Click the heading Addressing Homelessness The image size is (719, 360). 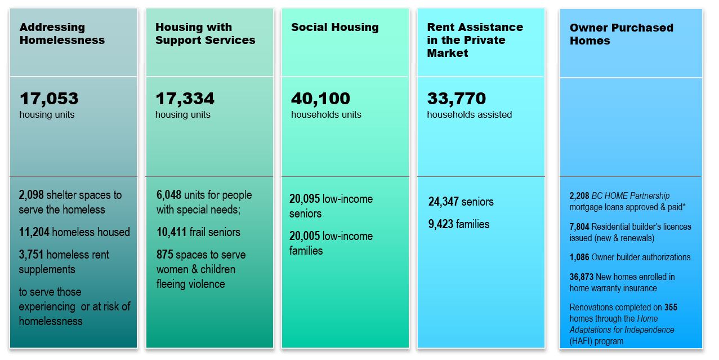(62, 34)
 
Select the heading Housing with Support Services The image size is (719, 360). (205, 34)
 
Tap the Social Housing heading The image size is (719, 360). (334, 28)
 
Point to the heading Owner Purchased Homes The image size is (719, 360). (621, 34)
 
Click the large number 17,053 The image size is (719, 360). (49, 99)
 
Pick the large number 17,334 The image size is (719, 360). (185, 99)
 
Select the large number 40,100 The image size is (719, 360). (320, 99)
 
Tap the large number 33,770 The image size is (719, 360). (456, 99)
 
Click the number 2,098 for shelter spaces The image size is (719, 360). (32, 195)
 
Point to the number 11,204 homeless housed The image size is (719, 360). (34, 232)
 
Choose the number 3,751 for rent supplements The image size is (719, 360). (32, 255)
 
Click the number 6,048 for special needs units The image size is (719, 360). (169, 195)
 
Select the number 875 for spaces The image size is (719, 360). (165, 255)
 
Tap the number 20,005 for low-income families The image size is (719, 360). (305, 236)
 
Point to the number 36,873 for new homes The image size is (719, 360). (582, 277)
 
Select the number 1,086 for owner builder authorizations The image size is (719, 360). (579, 257)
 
